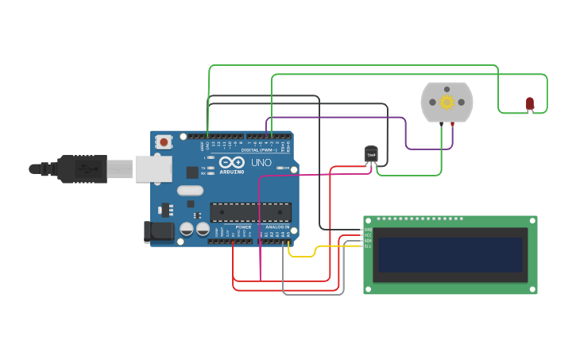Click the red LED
(530, 103)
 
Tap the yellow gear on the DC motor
(446, 102)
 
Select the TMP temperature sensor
(371, 153)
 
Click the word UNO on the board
(261, 162)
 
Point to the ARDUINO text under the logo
(232, 172)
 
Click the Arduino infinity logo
(232, 162)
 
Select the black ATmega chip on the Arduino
(250, 212)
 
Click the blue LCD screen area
(450, 254)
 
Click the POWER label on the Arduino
(243, 227)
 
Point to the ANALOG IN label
(274, 227)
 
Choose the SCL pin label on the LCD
(367, 235)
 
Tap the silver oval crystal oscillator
(190, 190)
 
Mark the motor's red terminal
(453, 125)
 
